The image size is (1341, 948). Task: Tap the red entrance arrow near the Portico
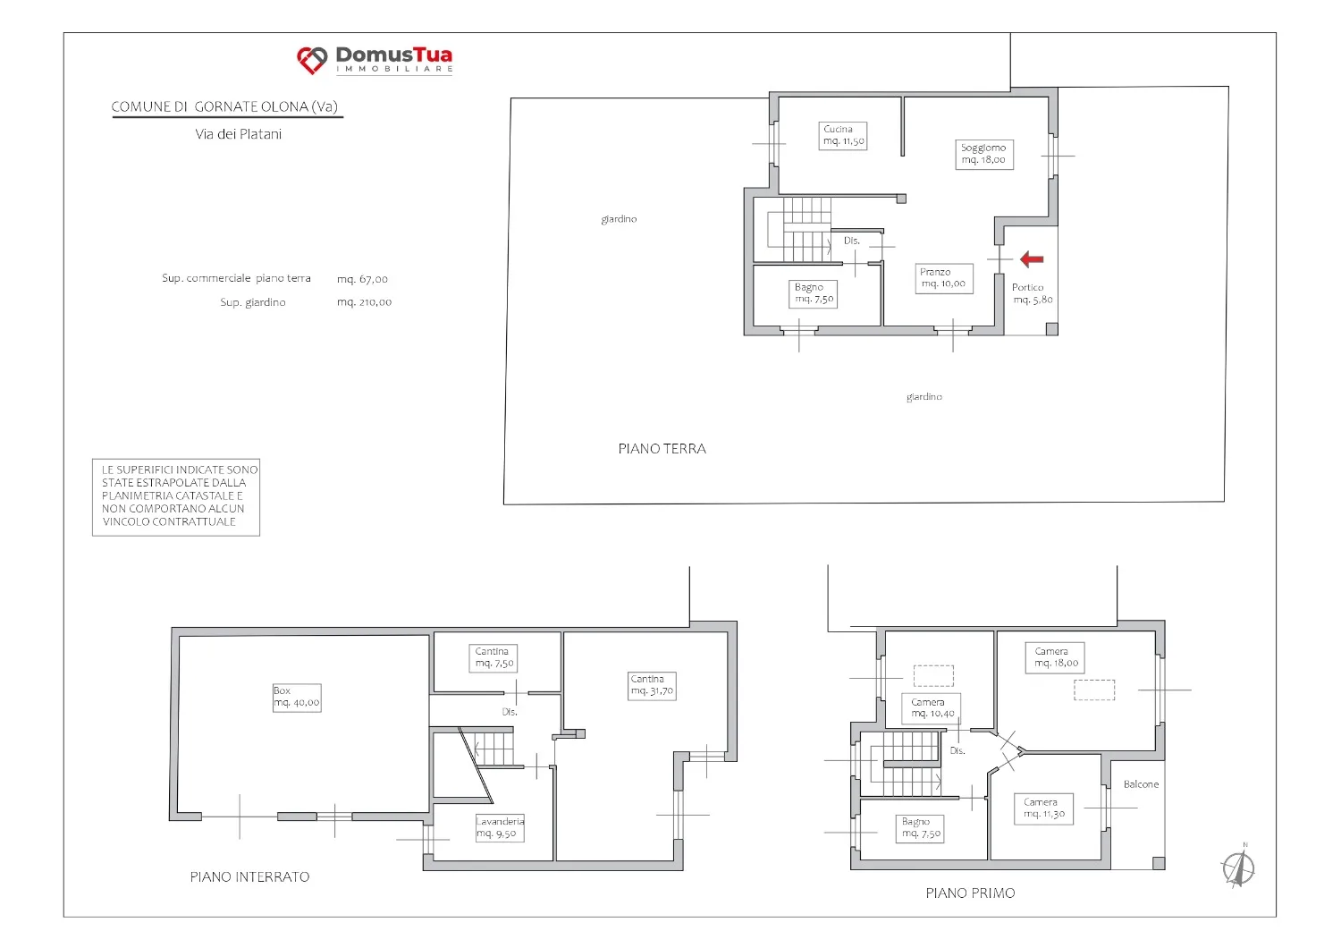(x=1032, y=259)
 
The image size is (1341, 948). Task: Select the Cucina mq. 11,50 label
(x=843, y=135)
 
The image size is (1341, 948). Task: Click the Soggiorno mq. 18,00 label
(x=983, y=154)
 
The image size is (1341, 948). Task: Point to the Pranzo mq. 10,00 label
(x=943, y=278)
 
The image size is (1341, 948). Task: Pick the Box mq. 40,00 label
(x=296, y=697)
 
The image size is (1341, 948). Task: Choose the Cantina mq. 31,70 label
(x=652, y=686)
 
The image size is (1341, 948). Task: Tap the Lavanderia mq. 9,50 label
(x=500, y=827)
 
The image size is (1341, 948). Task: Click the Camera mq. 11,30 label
(x=1043, y=808)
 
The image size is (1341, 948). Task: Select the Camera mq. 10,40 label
(x=932, y=707)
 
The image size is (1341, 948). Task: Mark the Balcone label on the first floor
(x=1141, y=784)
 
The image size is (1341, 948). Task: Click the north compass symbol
(x=1238, y=868)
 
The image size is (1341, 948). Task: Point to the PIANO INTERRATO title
(x=249, y=876)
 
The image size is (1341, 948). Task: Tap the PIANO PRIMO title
(x=970, y=893)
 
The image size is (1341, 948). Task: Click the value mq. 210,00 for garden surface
(x=364, y=302)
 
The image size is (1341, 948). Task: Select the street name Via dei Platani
(x=239, y=134)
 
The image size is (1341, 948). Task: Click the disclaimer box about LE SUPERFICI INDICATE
(x=176, y=497)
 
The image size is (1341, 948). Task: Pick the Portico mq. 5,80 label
(x=1032, y=293)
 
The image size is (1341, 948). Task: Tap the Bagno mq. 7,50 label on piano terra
(x=813, y=293)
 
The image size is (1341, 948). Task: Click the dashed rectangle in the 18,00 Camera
(x=1094, y=690)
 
